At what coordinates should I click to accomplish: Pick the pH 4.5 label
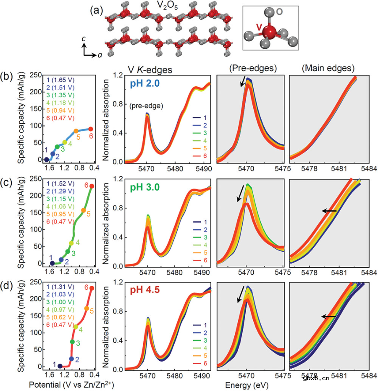coord(142,290)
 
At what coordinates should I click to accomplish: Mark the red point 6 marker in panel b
coord(91,129)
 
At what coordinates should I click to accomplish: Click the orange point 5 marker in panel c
coord(83,210)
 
